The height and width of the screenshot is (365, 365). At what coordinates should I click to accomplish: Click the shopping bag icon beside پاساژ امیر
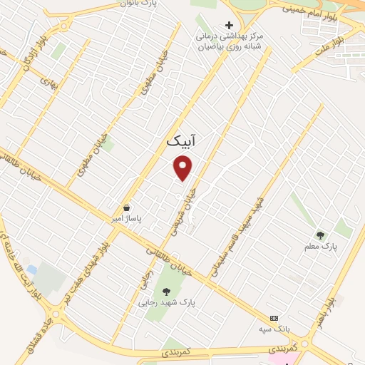click(126, 207)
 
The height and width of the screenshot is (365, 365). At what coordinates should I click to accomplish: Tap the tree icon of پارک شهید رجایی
click(166, 291)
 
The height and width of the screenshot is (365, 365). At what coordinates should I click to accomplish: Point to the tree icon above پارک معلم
click(321, 234)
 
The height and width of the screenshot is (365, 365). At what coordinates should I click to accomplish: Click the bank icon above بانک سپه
click(273, 318)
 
